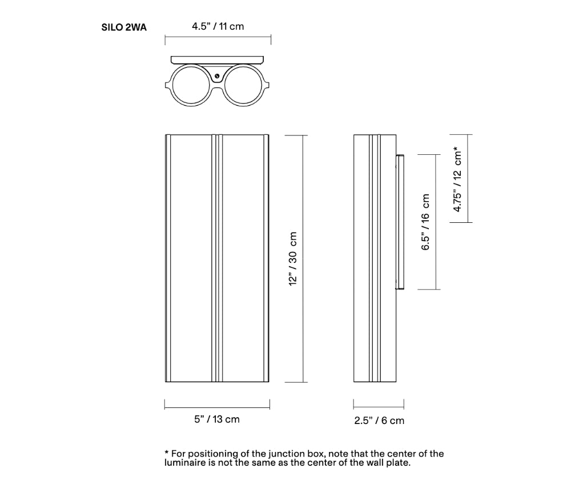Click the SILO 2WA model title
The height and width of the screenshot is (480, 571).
124,27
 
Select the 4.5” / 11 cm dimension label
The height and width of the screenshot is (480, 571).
218,26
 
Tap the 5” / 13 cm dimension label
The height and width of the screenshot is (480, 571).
217,419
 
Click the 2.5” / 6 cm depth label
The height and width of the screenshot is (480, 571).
379,421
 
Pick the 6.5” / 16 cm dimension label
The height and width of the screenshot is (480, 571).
425,222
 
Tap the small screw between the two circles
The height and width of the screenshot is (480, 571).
218,76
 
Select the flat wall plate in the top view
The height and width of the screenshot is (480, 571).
218,59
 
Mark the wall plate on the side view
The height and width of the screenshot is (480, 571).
400,222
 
